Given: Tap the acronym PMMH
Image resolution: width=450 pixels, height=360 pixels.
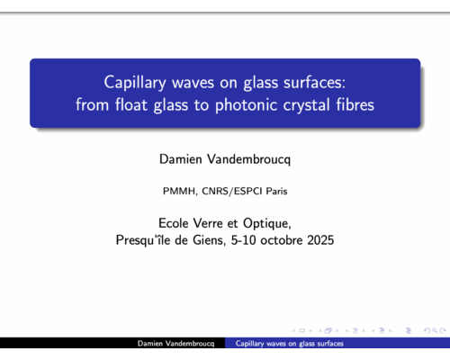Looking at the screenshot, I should tap(177, 191).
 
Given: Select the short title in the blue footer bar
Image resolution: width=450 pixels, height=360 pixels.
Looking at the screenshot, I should tap(289, 345).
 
